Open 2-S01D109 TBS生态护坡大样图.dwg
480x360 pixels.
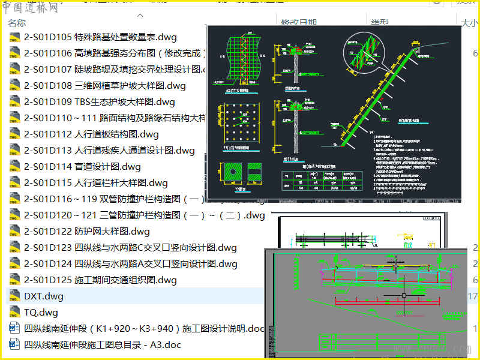coord(99,102)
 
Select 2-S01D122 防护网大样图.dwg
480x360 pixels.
coord(87,232)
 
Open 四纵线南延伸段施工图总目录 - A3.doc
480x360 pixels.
coord(102,345)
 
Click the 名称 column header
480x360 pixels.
coord(17,23)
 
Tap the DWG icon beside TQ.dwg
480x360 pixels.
coord(14,313)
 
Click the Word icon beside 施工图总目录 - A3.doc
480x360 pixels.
coord(14,345)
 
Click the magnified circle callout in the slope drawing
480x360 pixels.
coord(360,56)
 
